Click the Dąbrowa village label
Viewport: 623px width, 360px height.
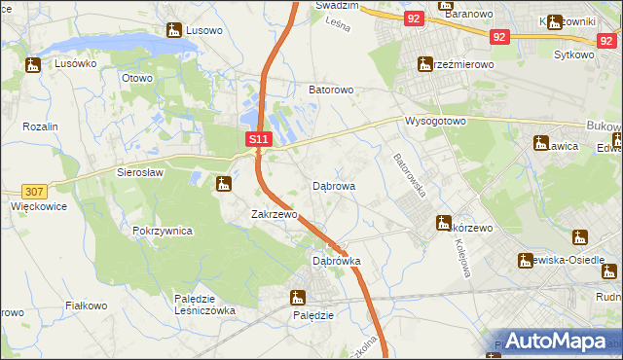pos(333,185)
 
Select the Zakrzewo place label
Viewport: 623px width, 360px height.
pos(274,214)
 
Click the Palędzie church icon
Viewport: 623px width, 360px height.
pos(298,298)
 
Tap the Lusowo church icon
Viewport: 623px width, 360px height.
pos(174,31)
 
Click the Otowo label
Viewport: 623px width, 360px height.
pos(136,78)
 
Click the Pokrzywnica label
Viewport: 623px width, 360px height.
pos(163,232)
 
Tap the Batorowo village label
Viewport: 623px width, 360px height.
pos(331,90)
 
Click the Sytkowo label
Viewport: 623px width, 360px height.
pos(573,55)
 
